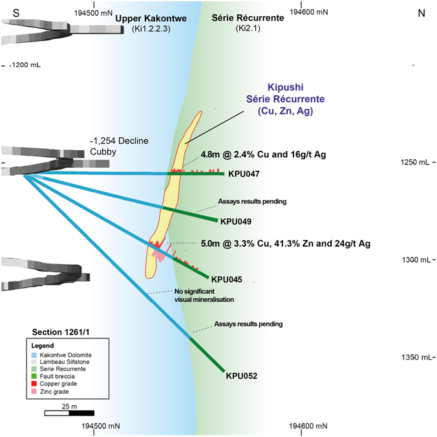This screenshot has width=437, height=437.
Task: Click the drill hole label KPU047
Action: pos(244,174)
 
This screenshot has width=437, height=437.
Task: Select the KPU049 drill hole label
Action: pos(237,221)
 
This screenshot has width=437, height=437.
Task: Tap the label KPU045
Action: pos(227,280)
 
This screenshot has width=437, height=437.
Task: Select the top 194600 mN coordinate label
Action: pos(307,12)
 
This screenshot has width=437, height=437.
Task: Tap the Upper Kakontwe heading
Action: pos(151,19)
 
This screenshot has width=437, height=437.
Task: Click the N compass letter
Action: pos(421,14)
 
